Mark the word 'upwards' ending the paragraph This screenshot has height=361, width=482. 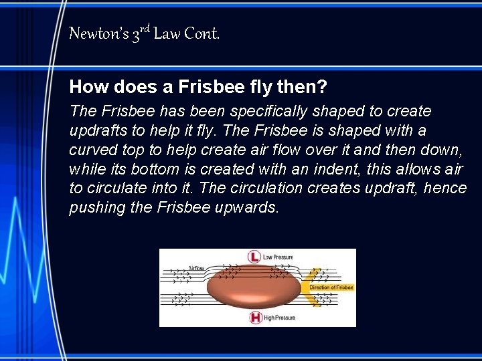[248, 208]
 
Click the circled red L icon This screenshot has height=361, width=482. [254, 257]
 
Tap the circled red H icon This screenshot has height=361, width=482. [255, 318]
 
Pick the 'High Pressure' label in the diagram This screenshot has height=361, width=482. [279, 318]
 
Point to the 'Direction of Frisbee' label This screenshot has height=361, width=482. [331, 287]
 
